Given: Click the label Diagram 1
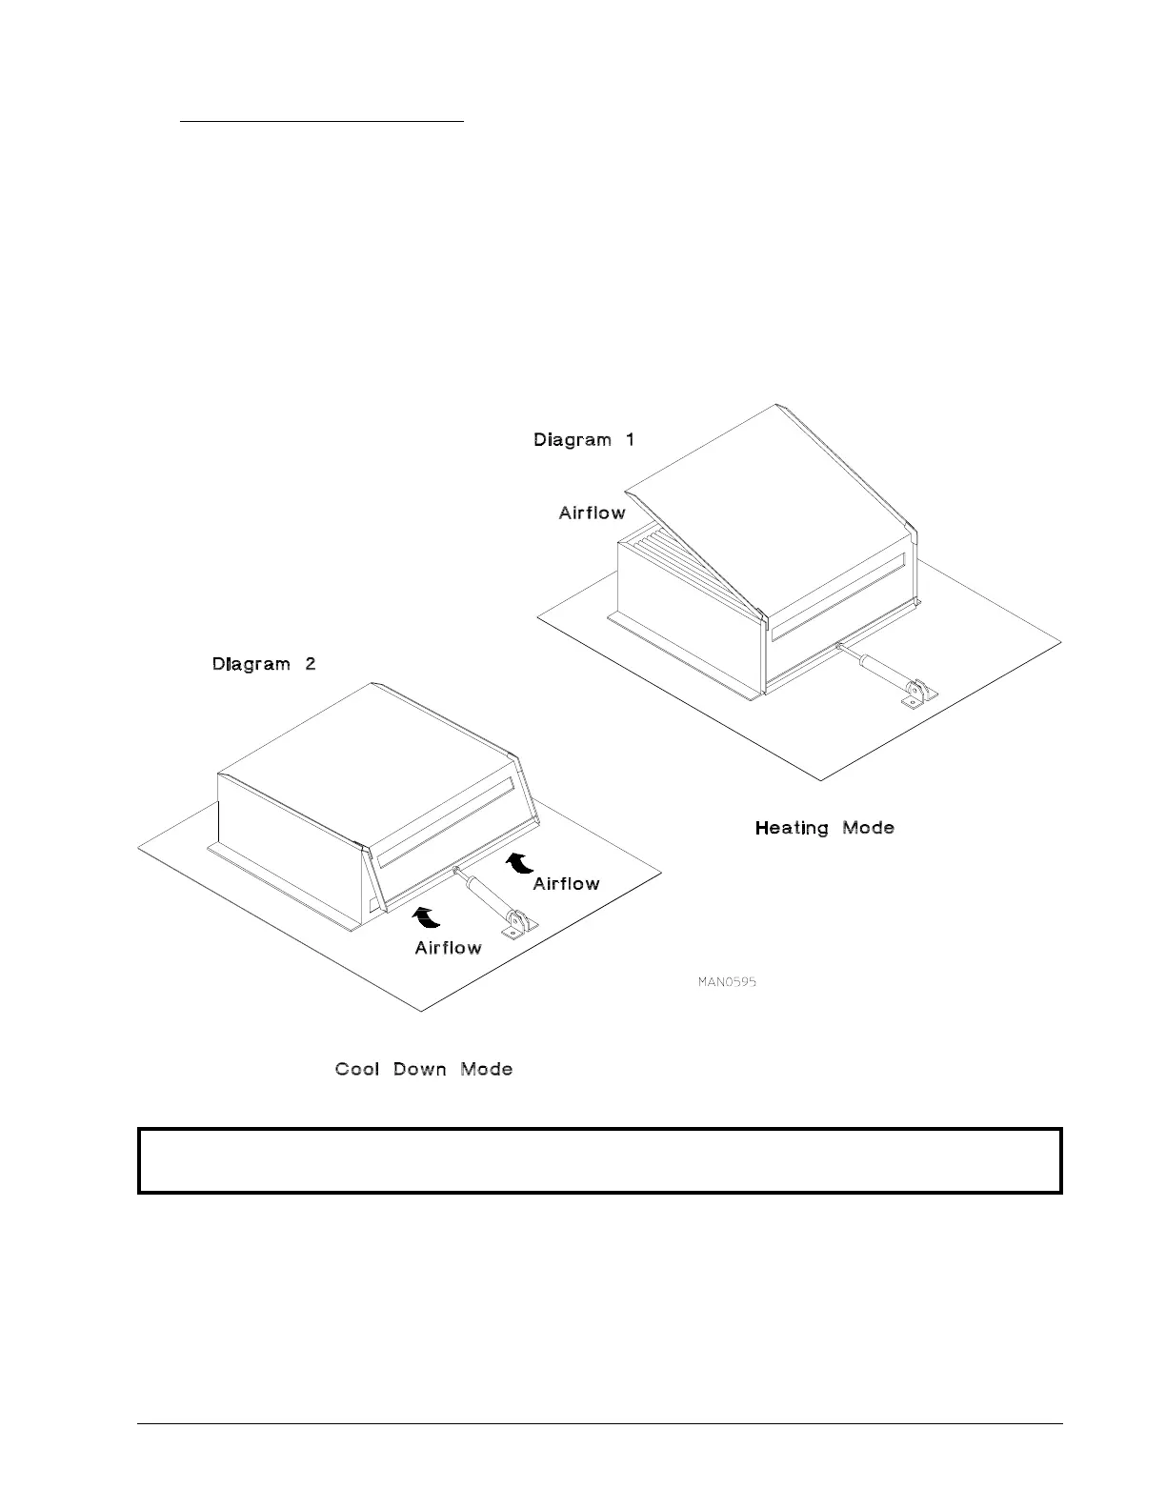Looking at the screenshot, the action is (x=583, y=440).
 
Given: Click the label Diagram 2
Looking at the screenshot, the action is (x=263, y=664).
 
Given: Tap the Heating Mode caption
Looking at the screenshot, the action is (x=824, y=828).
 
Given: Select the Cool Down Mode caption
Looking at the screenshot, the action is (x=424, y=1069).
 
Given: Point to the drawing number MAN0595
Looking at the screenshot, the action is (x=727, y=981).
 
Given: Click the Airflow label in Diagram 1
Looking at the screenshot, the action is (x=592, y=513).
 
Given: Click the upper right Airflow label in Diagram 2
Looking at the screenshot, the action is (x=566, y=884).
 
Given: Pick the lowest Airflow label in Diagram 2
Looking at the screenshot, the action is (x=448, y=948).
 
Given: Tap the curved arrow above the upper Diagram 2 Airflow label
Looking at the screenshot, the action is (x=518, y=862).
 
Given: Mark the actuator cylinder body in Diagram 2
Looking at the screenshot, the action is (x=486, y=899).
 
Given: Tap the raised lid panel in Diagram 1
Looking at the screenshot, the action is (x=753, y=495).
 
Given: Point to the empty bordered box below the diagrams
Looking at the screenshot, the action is (x=600, y=1160).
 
